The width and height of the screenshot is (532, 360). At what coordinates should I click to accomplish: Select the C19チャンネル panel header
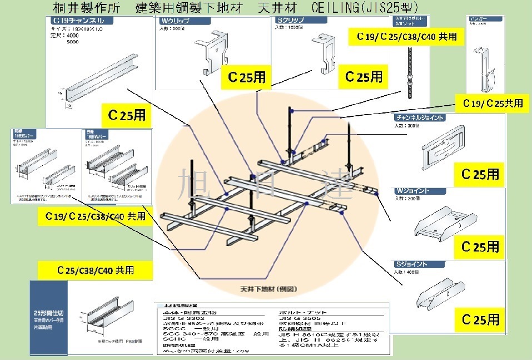coord(76,21)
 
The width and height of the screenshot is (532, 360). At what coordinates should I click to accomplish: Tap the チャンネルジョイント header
coord(420,118)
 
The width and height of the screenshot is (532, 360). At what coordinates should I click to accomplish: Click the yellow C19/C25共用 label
coord(489,103)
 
